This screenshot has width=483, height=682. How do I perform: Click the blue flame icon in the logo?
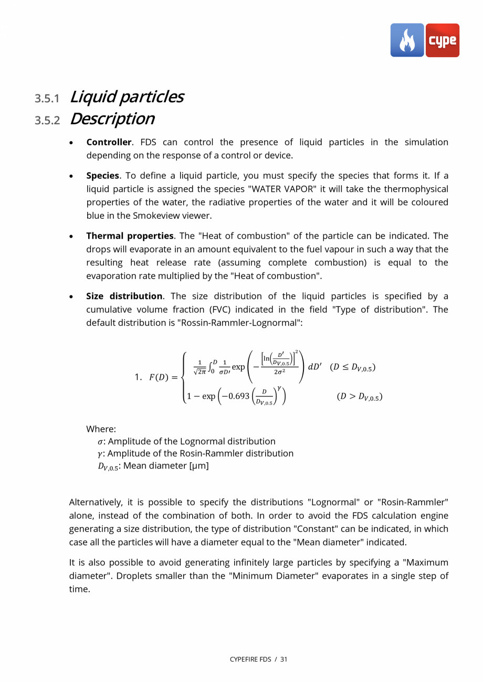point(407,40)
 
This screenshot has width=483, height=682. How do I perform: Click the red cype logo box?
point(442,40)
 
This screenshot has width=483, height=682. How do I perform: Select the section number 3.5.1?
point(47,99)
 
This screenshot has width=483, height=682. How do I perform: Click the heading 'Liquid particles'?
point(126,97)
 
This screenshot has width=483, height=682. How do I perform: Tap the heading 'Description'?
point(112,119)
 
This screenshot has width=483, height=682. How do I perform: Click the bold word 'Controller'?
point(109,142)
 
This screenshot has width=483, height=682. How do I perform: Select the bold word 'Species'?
point(102,176)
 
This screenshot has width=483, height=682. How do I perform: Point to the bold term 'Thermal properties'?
point(130,236)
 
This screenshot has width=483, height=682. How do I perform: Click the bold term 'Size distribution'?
point(124,296)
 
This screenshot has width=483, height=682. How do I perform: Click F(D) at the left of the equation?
point(160,377)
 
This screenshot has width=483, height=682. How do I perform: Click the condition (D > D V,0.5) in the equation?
point(359,397)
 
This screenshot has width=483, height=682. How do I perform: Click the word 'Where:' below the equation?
point(101,429)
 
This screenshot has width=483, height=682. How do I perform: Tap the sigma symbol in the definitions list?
point(101,442)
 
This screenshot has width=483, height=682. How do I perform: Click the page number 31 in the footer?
point(283,659)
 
